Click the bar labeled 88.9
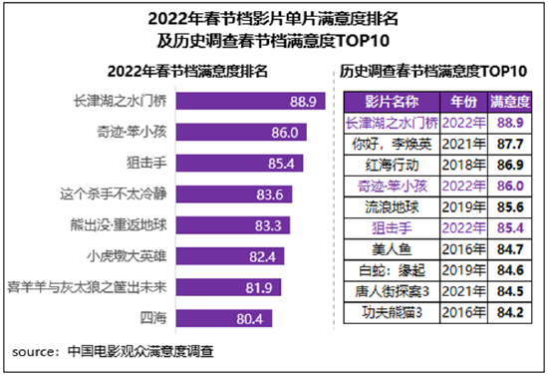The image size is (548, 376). tap(250, 101)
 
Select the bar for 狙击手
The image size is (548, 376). tap(240, 163)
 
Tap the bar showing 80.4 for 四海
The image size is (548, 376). tap(224, 318)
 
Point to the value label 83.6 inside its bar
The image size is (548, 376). tap(270, 194)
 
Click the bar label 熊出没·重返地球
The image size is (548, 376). tap(119, 224)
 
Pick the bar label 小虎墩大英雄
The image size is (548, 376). tap(127, 256)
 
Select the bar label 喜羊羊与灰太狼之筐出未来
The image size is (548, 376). tap(87, 287)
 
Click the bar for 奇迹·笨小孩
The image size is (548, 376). tap(241, 132)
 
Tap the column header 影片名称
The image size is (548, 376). tap(392, 102)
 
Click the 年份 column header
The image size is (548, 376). tap(463, 102)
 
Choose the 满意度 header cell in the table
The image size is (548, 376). tap(510, 102)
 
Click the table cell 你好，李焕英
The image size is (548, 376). tap(392, 144)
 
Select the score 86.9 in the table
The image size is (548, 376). tap(510, 166)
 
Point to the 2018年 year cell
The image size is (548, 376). tap(463, 166)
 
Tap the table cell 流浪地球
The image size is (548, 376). tap(392, 207)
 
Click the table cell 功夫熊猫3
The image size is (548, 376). tap(392, 312)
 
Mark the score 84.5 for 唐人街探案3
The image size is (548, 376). tap(510, 291)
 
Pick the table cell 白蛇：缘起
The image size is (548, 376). tap(392, 270)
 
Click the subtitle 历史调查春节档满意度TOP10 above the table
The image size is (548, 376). tap(433, 72)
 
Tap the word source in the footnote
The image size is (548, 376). tap(33, 352)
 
